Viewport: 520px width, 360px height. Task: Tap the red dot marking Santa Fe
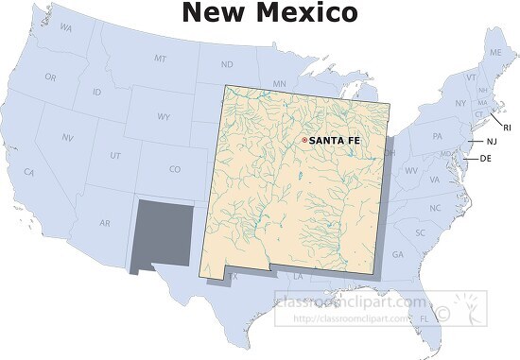[x=303, y=141]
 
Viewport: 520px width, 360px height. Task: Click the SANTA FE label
[x=335, y=141]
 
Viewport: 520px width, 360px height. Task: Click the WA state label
[x=65, y=28]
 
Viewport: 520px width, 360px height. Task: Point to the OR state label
[x=50, y=77]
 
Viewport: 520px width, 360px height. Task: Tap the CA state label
[x=29, y=172]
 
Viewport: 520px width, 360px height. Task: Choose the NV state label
[x=69, y=137]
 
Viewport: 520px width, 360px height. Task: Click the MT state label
[x=160, y=59]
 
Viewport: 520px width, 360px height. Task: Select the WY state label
[x=164, y=117]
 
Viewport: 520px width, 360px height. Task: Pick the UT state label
[x=115, y=155]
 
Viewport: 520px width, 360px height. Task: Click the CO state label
[x=174, y=170]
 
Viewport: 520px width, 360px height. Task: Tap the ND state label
[x=227, y=65]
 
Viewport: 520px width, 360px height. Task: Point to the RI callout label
[x=507, y=128]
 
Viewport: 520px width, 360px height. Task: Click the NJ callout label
[x=491, y=141]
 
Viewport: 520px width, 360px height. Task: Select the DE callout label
[x=486, y=158]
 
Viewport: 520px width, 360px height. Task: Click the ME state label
[x=495, y=53]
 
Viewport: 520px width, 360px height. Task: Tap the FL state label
[x=425, y=319]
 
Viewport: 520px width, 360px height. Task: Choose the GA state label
[x=397, y=255]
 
